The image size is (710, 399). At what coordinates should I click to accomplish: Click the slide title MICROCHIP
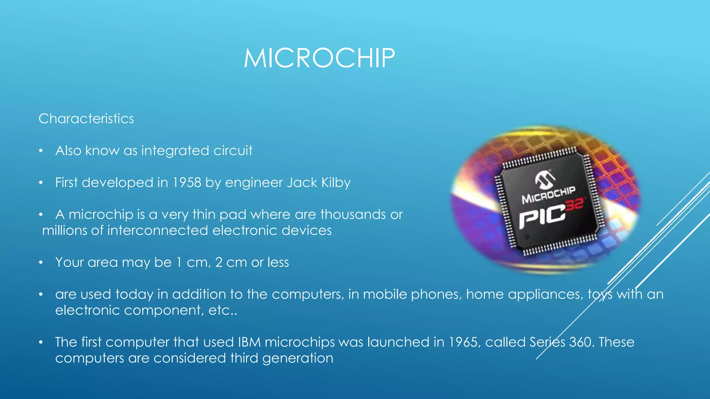[x=319, y=58]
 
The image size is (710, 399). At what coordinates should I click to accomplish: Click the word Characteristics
[x=86, y=119]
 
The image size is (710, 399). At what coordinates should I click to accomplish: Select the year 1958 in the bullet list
[x=187, y=183]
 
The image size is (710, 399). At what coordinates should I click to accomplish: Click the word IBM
[x=249, y=342]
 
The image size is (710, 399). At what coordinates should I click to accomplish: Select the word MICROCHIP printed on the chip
[x=548, y=195]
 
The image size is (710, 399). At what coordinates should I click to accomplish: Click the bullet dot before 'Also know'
[x=41, y=151]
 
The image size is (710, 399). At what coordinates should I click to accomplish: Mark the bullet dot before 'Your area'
[x=41, y=263]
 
